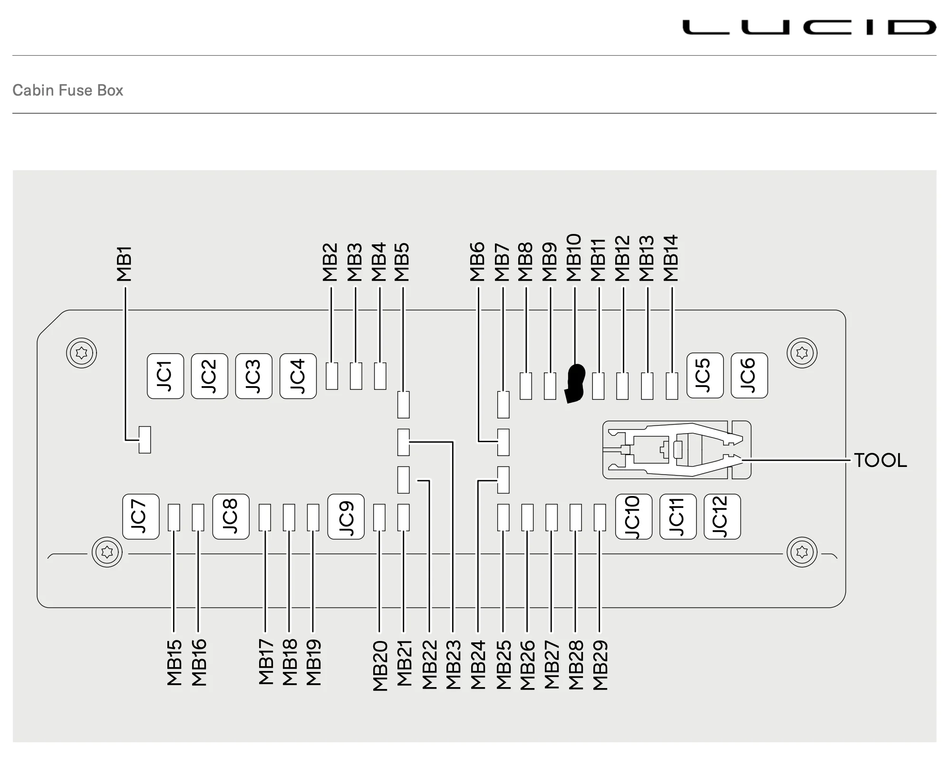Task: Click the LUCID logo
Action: pos(809,27)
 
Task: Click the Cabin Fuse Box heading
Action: pos(68,90)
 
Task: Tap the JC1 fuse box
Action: pos(165,376)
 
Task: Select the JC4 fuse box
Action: pos(298,376)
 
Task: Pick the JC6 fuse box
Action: pos(749,375)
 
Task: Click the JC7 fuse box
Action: pos(141,516)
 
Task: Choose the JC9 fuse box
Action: pos(346,516)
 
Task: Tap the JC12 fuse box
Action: pos(722,516)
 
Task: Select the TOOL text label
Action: pos(880,460)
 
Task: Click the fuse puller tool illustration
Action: pos(677,450)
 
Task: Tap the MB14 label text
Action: pos(671,258)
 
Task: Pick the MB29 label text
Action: pos(600,665)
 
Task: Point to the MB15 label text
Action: pos(174,662)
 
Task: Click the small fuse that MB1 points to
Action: pos(145,440)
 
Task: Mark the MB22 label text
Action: pos(429,665)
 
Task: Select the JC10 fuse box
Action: pos(634,516)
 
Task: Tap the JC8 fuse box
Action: pos(231,516)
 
